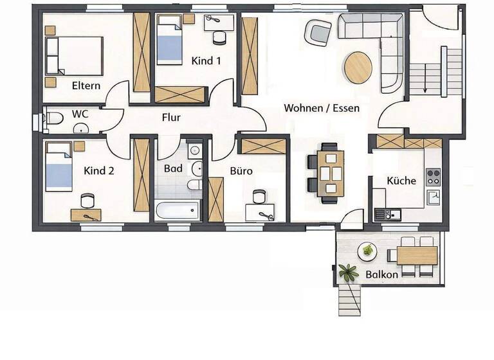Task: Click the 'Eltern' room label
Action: [86, 85]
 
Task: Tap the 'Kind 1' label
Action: [206, 61]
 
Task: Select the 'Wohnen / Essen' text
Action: [322, 108]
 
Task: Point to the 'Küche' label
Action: [401, 181]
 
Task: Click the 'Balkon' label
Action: [381, 274]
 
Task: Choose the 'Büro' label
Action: [241, 172]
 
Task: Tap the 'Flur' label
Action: [170, 118]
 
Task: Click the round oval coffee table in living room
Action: [358, 67]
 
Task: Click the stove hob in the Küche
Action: [434, 174]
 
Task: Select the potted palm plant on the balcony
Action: [349, 271]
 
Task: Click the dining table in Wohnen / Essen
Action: [330, 172]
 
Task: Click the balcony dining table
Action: [416, 255]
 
